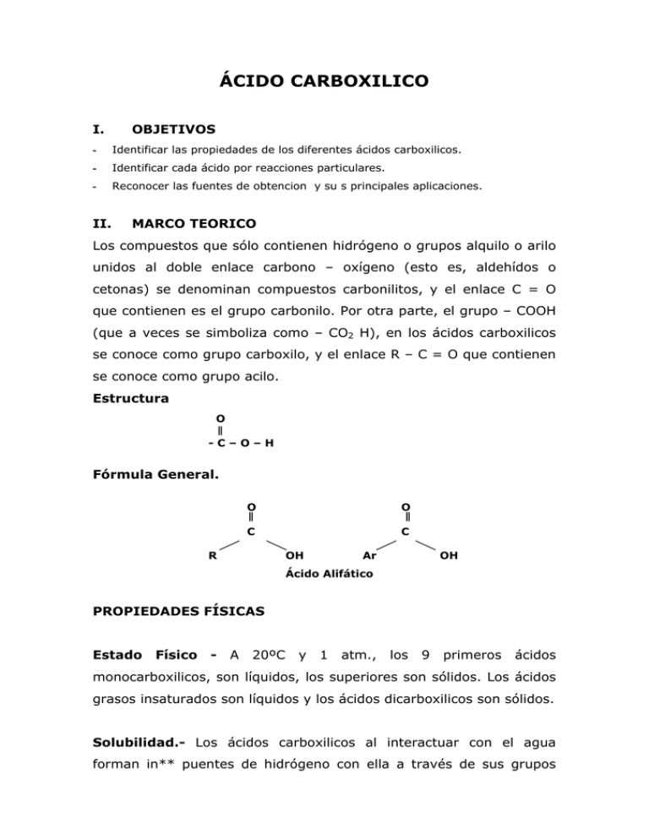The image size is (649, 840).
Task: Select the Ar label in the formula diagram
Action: point(369,556)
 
